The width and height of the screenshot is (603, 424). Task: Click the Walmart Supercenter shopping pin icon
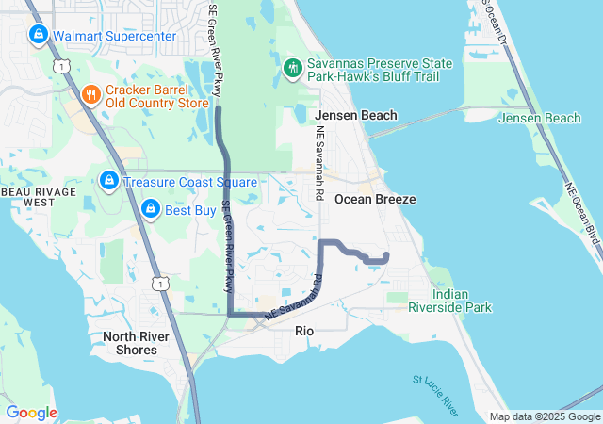pyautogui.click(x=39, y=36)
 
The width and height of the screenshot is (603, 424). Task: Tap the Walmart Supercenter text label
pyautogui.click(x=114, y=37)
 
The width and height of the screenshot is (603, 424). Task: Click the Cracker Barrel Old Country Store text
pyautogui.click(x=156, y=95)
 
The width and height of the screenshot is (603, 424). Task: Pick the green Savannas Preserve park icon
pyautogui.click(x=293, y=67)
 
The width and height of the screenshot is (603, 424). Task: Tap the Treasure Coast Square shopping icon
pyautogui.click(x=109, y=179)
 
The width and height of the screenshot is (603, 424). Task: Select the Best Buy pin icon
pyautogui.click(x=150, y=208)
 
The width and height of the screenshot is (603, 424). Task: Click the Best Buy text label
pyautogui.click(x=190, y=210)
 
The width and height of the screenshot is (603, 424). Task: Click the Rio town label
pyautogui.click(x=304, y=331)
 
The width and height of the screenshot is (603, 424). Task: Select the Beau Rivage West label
pyautogui.click(x=29, y=196)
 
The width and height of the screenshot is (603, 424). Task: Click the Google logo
pyautogui.click(x=31, y=413)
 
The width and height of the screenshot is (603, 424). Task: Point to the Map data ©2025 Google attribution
pyautogui.click(x=545, y=416)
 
